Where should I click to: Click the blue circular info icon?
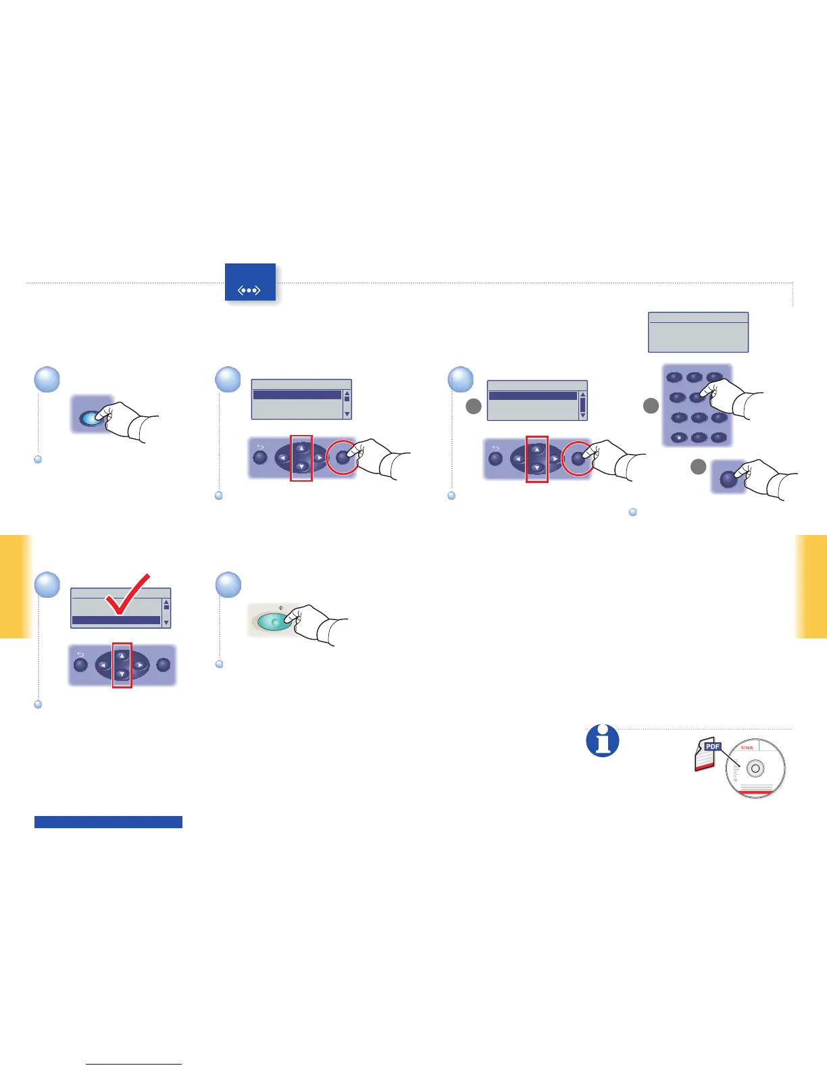coord(602,740)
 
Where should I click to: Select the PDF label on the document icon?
coord(712,746)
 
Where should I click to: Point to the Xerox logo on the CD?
coord(747,748)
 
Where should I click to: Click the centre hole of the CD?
coord(755,769)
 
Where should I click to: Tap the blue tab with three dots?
coord(250,282)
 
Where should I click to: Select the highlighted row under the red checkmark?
coord(116,620)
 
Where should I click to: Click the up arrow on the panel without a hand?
coord(122,655)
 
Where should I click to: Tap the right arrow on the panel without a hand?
coord(140,665)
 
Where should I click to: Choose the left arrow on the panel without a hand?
coord(103,665)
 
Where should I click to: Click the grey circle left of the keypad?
coord(651,406)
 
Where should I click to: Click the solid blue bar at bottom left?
coord(108,822)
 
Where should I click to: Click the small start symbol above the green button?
coord(281,607)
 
